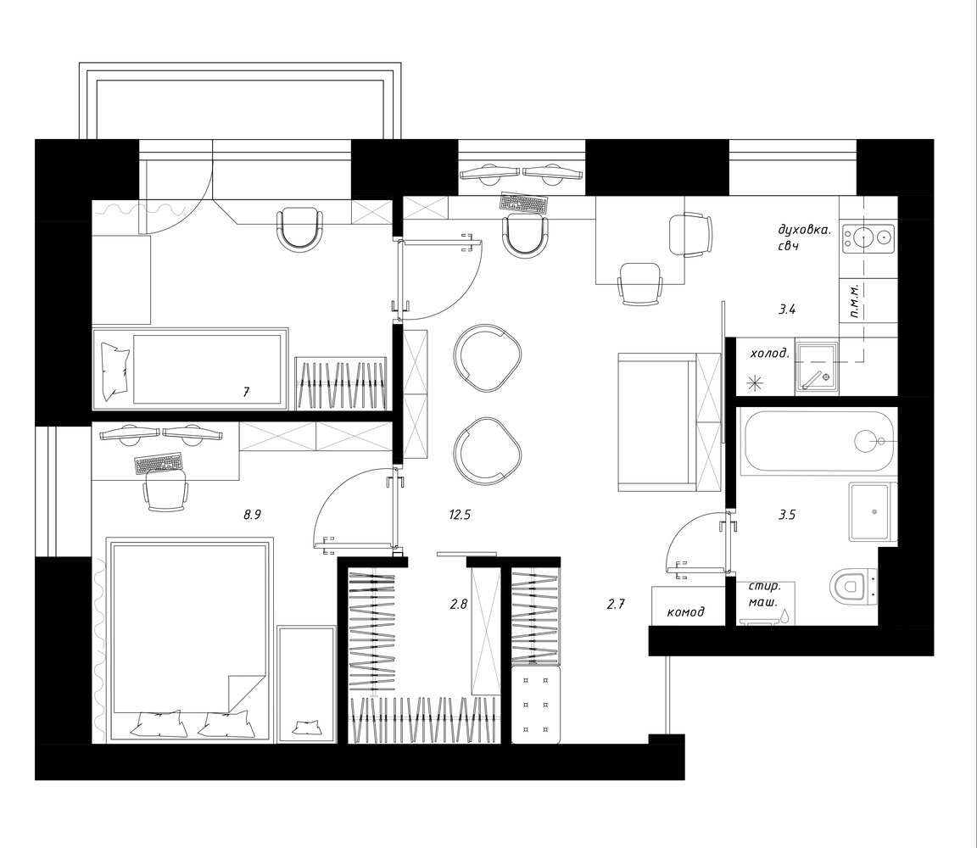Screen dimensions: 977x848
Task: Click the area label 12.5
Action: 459,515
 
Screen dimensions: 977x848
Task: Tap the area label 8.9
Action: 252,515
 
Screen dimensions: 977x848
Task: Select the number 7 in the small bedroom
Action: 246,392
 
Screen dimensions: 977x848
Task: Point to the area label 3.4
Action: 787,309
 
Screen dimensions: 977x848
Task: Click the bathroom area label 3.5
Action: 787,515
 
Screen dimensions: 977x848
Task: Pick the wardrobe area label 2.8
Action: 459,603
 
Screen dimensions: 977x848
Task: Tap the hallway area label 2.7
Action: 615,603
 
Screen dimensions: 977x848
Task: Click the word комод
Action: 685,612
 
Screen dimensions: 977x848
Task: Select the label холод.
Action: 770,354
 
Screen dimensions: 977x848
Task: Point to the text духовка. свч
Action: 804,237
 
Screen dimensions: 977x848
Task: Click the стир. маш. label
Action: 764,594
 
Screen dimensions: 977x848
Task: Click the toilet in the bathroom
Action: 854,586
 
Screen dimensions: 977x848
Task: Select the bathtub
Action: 818,441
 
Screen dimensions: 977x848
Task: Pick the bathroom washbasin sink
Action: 872,511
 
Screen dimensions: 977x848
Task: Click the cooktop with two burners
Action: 868,237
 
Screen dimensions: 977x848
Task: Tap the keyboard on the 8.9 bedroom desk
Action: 159,463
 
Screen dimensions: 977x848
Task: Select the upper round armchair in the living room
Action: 487,358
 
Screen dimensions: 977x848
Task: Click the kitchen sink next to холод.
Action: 816,365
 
